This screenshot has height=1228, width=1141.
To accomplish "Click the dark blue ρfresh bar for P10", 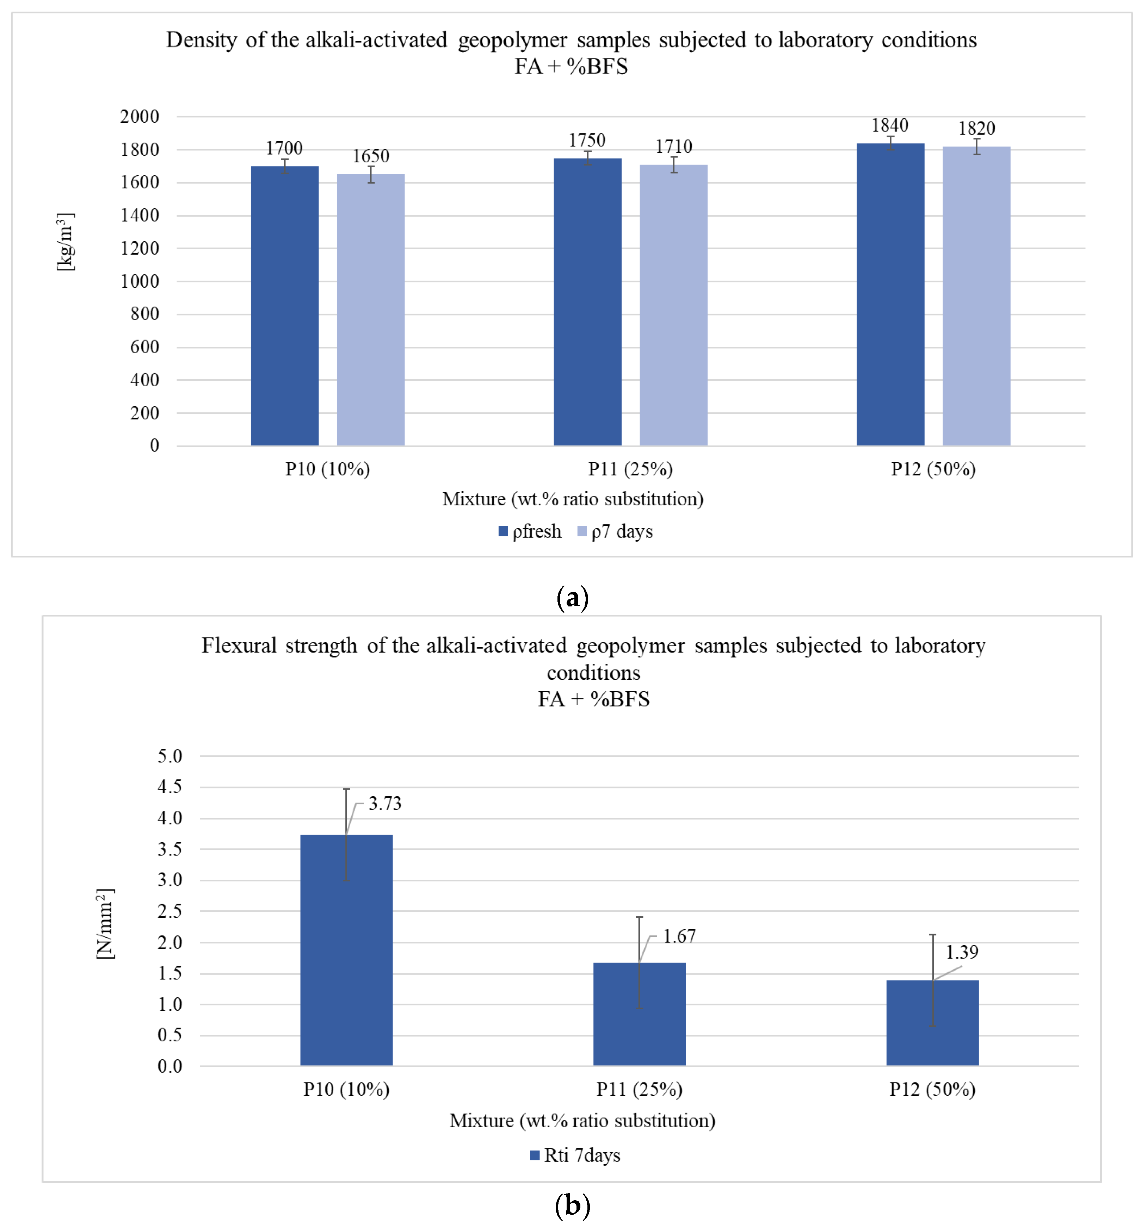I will pyautogui.click(x=285, y=305).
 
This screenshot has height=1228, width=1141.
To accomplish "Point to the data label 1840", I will pyautogui.click(x=890, y=125).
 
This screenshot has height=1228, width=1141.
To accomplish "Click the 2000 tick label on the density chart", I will pyautogui.click(x=140, y=117).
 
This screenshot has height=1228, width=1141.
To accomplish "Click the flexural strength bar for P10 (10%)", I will pyautogui.click(x=346, y=950).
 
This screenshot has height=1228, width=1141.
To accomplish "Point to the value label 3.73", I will pyautogui.click(x=385, y=803).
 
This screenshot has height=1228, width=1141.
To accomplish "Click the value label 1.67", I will pyautogui.click(x=679, y=936).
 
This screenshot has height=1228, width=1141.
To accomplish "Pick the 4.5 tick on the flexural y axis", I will pyautogui.click(x=170, y=787).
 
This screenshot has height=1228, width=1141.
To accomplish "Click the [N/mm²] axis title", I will pyautogui.click(x=105, y=924).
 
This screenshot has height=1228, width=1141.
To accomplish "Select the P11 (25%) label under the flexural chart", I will pyautogui.click(x=639, y=1089).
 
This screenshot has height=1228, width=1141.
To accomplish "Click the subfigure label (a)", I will pyautogui.click(x=572, y=597).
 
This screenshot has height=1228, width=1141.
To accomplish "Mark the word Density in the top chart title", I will pyautogui.click(x=202, y=40).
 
